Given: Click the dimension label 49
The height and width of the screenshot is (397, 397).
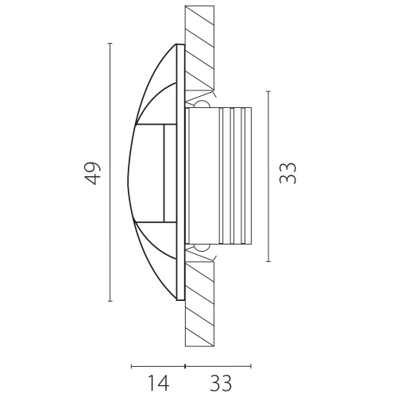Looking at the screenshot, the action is [x=93, y=173].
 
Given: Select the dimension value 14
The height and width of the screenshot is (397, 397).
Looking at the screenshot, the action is [x=158, y=383].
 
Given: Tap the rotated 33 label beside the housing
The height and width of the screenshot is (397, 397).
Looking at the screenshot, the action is [x=287, y=173].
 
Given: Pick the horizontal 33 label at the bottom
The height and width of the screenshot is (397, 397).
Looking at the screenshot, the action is [x=221, y=383].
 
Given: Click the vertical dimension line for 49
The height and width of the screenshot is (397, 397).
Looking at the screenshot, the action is [x=110, y=172].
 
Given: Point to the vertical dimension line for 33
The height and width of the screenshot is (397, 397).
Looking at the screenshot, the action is [x=268, y=176].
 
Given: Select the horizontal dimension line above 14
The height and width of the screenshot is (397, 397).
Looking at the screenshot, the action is [x=158, y=366].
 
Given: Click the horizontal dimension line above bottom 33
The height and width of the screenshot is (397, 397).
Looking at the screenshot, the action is [x=218, y=366].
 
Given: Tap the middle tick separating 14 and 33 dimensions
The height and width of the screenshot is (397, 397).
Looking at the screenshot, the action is [x=185, y=366].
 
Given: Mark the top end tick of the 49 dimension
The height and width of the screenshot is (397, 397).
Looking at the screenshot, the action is [x=110, y=43].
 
